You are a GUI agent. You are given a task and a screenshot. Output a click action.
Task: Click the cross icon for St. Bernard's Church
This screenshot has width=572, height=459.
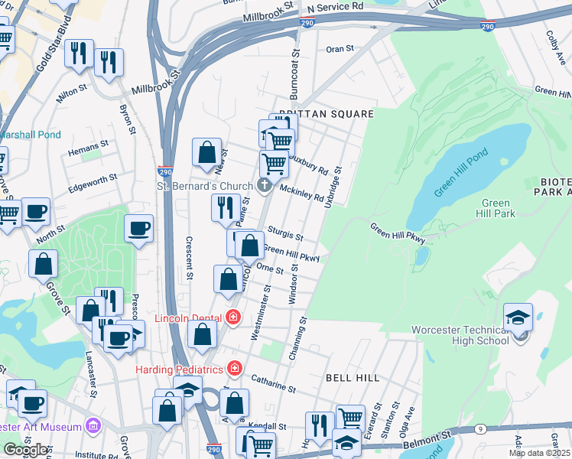pos(264,184)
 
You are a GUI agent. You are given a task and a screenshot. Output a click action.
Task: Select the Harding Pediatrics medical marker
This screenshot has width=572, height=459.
pos(233,369)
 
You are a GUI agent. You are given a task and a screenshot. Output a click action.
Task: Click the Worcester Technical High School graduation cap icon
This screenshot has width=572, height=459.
pos(518,316)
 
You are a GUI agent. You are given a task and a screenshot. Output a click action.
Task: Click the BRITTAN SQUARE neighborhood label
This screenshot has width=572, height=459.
pos(326,113)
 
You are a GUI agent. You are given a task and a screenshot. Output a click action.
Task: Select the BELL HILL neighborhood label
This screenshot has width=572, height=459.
pos(348,378)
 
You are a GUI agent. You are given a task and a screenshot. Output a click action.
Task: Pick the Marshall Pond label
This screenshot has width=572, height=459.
pos(29,135)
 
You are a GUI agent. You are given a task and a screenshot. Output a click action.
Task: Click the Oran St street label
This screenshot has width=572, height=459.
pos(340,48)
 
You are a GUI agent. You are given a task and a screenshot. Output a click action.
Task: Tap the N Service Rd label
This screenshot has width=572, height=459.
pos(334,7)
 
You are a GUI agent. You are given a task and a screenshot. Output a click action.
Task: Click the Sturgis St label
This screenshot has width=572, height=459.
pos(285,233)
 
